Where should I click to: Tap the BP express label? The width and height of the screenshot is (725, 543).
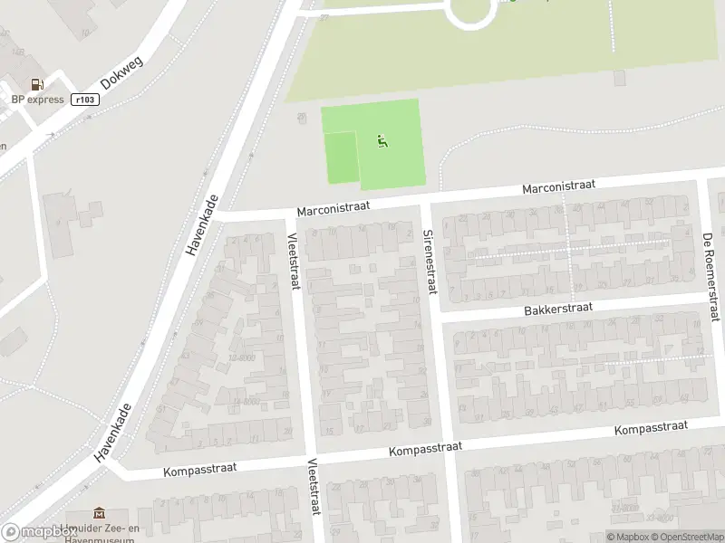pos(37,100)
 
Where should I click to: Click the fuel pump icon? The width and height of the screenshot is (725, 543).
pos(38,84)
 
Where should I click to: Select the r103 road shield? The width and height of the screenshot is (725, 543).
pos(85,100)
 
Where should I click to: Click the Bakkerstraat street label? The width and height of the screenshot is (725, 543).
pos(557,309)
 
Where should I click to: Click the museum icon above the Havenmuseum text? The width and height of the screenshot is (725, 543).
pos(99,514)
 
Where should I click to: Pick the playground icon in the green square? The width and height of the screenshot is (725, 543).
pos(382,141)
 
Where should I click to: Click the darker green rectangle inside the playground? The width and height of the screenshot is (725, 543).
pos(342,157)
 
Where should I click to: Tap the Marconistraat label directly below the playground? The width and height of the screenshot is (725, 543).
pos(333,208)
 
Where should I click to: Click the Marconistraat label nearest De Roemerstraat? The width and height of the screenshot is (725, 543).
pos(558,186)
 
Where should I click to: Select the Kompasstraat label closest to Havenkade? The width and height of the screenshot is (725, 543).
pos(200,469)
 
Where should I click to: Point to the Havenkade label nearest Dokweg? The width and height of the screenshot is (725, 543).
pos(203,225)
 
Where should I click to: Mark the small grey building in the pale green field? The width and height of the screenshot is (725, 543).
pos(619,78)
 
